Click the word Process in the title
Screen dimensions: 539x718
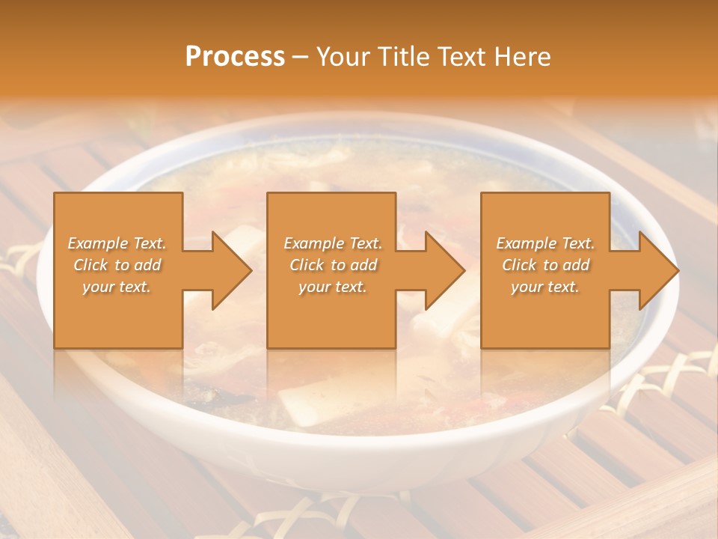pyautogui.click(x=235, y=56)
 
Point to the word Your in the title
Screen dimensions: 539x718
pyautogui.click(x=341, y=56)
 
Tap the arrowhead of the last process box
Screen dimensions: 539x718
pyautogui.click(x=659, y=270)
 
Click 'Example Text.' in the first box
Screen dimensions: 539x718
pyautogui.click(x=117, y=243)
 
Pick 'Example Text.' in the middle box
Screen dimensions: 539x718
pyautogui.click(x=333, y=243)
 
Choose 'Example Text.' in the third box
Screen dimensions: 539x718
pyautogui.click(x=545, y=243)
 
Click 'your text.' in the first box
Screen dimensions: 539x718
pyautogui.click(x=117, y=286)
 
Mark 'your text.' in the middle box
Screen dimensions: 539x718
pyautogui.click(x=333, y=286)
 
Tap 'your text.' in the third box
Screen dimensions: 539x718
pyautogui.click(x=545, y=286)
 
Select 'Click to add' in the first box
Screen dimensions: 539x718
pyautogui.click(x=117, y=265)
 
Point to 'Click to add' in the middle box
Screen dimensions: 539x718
pyautogui.click(x=333, y=265)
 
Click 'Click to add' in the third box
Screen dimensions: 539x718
pyautogui.click(x=545, y=265)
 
